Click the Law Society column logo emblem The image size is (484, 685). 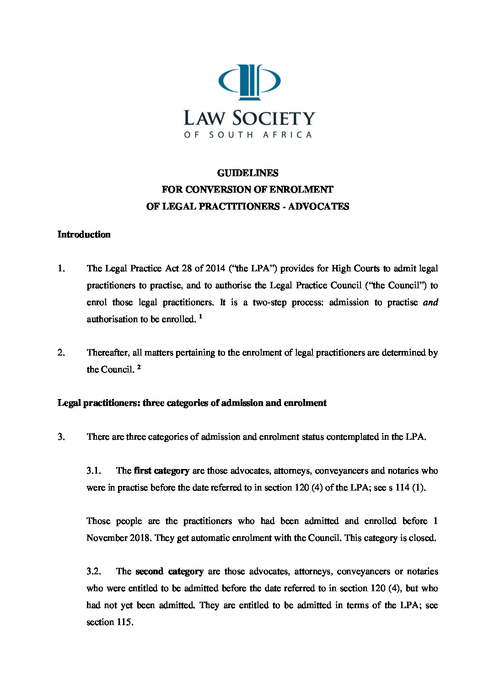249,82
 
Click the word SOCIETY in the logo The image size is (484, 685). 274,119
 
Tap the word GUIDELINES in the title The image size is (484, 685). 247,173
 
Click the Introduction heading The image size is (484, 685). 84,234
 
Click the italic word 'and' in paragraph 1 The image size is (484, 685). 430,302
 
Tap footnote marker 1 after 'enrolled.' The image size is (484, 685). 200,316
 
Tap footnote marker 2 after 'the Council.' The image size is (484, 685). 139,367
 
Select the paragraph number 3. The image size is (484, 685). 61,437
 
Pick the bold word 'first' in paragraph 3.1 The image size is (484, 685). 142,470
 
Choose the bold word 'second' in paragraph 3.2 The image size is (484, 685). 150,571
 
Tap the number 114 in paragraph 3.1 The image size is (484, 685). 403,487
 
